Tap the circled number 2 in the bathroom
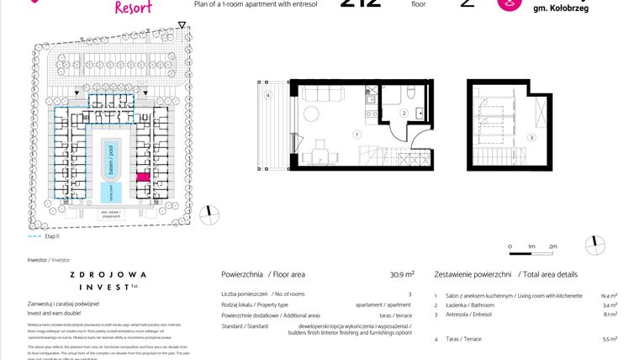pos(404,113)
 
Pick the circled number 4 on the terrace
pos(268,96)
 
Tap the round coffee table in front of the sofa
pos(310,114)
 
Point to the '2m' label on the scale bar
pos(552,246)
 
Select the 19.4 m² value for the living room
pos(609,296)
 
